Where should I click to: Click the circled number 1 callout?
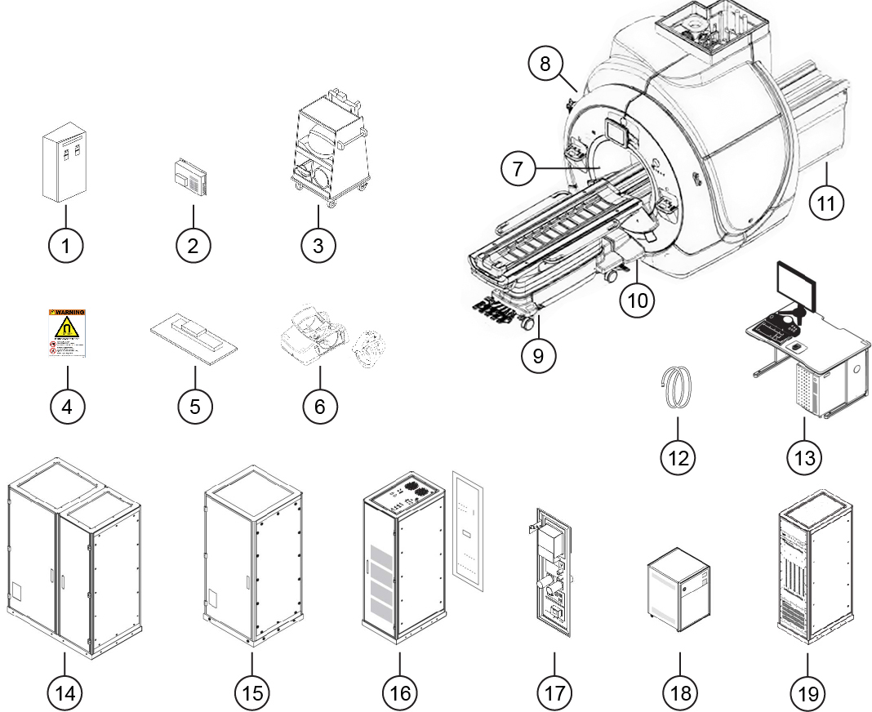coord(67,244)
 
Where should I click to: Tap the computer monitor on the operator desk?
coord(794,287)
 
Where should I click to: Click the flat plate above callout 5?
coord(194,336)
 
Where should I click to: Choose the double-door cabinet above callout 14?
coord(72,563)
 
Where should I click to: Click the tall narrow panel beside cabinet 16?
coord(469,531)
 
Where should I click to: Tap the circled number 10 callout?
coord(637,299)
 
